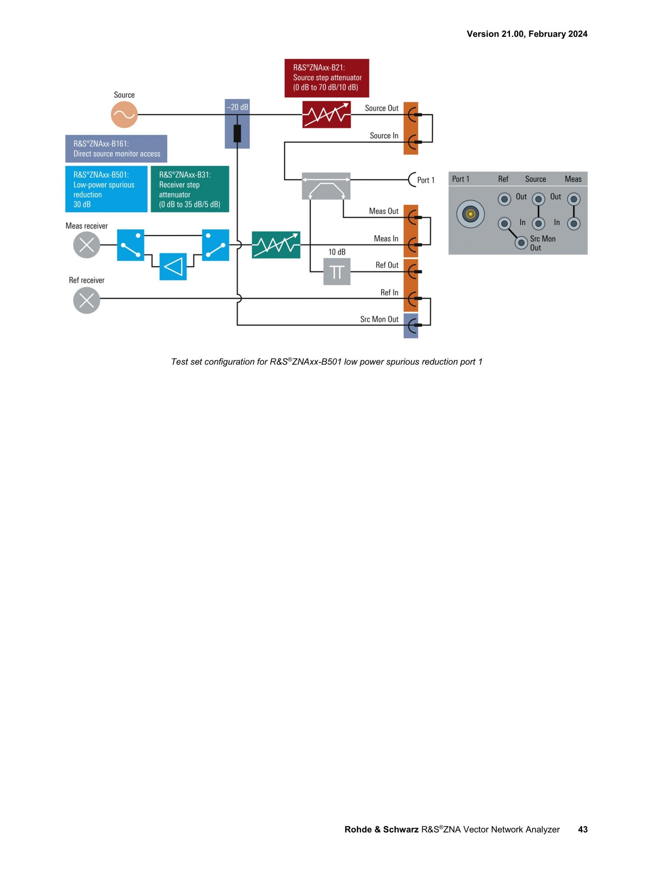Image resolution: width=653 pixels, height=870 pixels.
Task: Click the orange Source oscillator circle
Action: [124, 115]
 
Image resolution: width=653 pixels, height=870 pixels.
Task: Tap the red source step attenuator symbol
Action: [326, 115]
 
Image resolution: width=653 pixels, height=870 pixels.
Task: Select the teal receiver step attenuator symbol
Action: [276, 245]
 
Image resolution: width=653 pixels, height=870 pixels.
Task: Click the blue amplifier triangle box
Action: [173, 267]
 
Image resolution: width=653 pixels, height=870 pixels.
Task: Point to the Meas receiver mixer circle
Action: [86, 245]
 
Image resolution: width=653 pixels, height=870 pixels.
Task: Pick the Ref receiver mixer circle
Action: [86, 300]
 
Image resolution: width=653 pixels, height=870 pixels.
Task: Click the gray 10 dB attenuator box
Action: [337, 271]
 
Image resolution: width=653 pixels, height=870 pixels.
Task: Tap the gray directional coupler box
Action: [326, 186]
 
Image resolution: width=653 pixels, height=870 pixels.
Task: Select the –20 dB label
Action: [237, 107]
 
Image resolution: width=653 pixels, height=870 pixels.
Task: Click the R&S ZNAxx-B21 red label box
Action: [326, 78]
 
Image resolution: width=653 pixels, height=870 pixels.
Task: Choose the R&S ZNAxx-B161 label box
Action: [116, 149]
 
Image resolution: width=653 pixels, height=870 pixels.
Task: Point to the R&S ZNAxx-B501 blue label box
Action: [106, 189]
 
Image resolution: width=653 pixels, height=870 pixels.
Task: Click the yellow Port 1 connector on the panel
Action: [470, 214]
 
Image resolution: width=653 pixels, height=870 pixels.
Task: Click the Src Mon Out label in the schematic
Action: [379, 319]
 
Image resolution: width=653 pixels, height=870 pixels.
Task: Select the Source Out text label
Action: [381, 108]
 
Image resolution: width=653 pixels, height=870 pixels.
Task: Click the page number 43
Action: [582, 829]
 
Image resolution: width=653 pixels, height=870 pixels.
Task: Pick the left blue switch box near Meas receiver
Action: [131, 245]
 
